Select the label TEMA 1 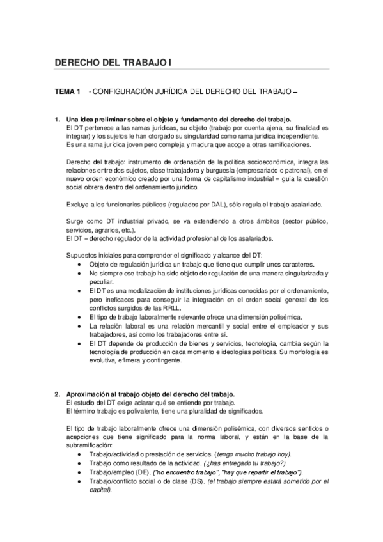click(67, 93)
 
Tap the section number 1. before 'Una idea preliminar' click(57, 120)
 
